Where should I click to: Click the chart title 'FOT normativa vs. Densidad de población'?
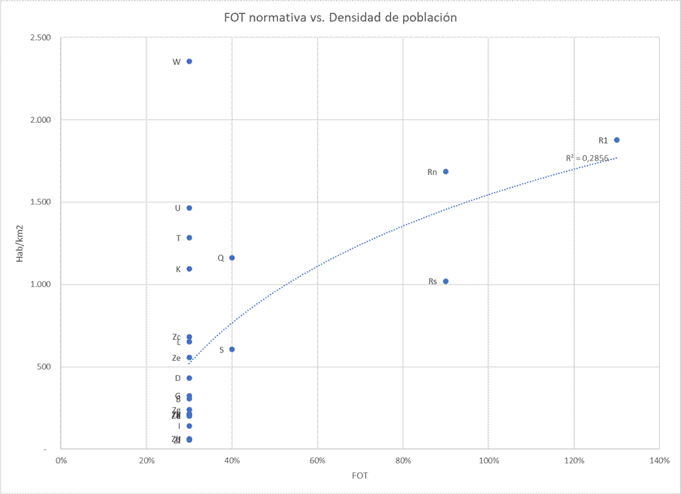pyautogui.click(x=340, y=18)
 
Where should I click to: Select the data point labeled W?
pyautogui.click(x=190, y=61)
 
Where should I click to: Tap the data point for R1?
pyautogui.click(x=617, y=140)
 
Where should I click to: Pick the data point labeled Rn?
pyautogui.click(x=446, y=172)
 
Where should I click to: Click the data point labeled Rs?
pyautogui.click(x=446, y=281)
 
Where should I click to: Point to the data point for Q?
pyautogui.click(x=232, y=257)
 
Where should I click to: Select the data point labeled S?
pyautogui.click(x=232, y=349)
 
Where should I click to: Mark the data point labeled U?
pyautogui.click(x=190, y=208)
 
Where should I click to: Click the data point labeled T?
pyautogui.click(x=190, y=237)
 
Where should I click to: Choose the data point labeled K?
pyautogui.click(x=190, y=269)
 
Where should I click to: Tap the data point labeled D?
pyautogui.click(x=190, y=378)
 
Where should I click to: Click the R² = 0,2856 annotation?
pyautogui.click(x=587, y=158)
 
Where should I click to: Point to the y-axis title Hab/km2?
pyautogui.click(x=20, y=243)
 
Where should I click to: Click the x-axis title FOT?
pyautogui.click(x=360, y=476)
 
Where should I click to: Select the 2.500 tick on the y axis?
pyautogui.click(x=41, y=37)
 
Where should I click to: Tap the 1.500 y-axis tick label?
pyautogui.click(x=41, y=202)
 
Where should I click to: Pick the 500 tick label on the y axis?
pyautogui.click(x=43, y=367)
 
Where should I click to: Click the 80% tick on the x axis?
pyautogui.click(x=403, y=460)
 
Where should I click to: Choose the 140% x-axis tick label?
pyautogui.click(x=659, y=460)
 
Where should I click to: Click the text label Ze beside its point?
pyautogui.click(x=176, y=358)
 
